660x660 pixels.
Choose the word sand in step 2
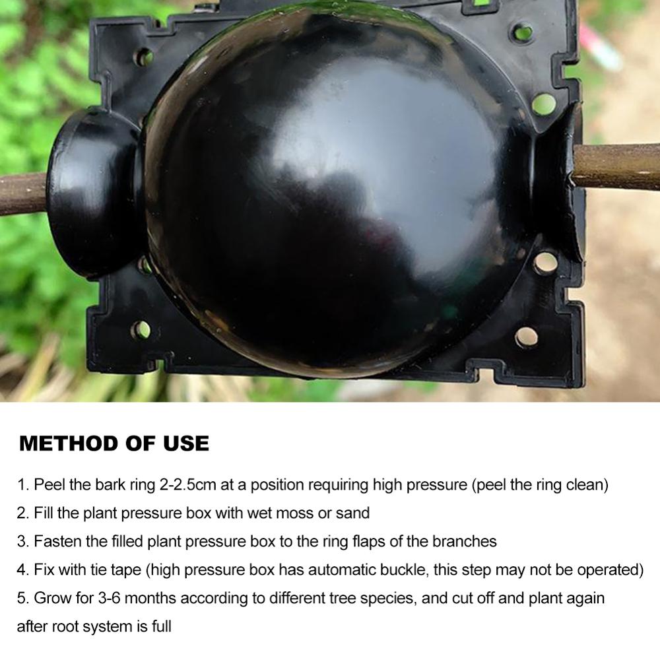click(352, 513)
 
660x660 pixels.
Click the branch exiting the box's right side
click(617, 167)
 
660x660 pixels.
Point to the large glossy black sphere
click(330, 191)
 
